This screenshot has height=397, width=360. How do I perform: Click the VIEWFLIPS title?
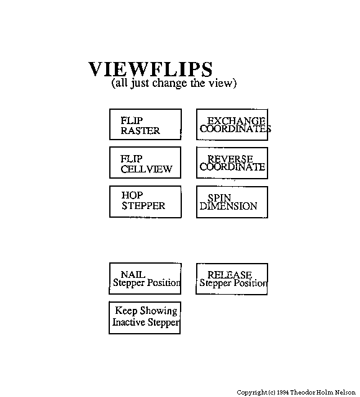[150, 69]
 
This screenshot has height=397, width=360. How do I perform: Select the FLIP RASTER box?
[145, 124]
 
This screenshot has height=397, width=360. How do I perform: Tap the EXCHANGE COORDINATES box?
[232, 125]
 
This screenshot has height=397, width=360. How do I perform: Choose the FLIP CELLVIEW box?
[145, 163]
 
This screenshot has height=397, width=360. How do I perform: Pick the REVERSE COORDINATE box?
[232, 163]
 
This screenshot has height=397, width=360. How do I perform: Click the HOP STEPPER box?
[145, 202]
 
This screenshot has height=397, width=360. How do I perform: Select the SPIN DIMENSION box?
[232, 202]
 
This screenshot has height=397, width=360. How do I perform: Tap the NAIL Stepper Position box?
[145, 279]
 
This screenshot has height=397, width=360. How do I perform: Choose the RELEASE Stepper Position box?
[232, 279]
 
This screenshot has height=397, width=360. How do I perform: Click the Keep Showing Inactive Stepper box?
[145, 318]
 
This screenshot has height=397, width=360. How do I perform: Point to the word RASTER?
[140, 131]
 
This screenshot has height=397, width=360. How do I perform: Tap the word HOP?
[132, 195]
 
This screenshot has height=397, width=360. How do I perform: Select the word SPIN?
[219, 197]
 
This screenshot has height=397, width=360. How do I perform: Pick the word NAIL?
[133, 274]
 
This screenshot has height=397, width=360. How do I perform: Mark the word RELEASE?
[230, 275]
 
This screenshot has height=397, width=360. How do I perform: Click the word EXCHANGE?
[236, 121]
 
